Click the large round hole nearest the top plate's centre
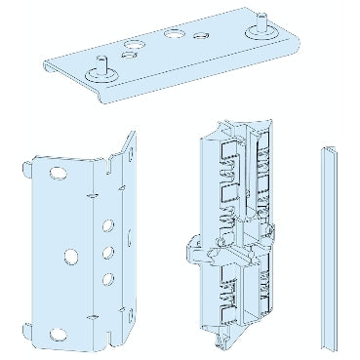(173, 35)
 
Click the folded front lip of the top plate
(146, 89)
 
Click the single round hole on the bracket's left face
(70, 257)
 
